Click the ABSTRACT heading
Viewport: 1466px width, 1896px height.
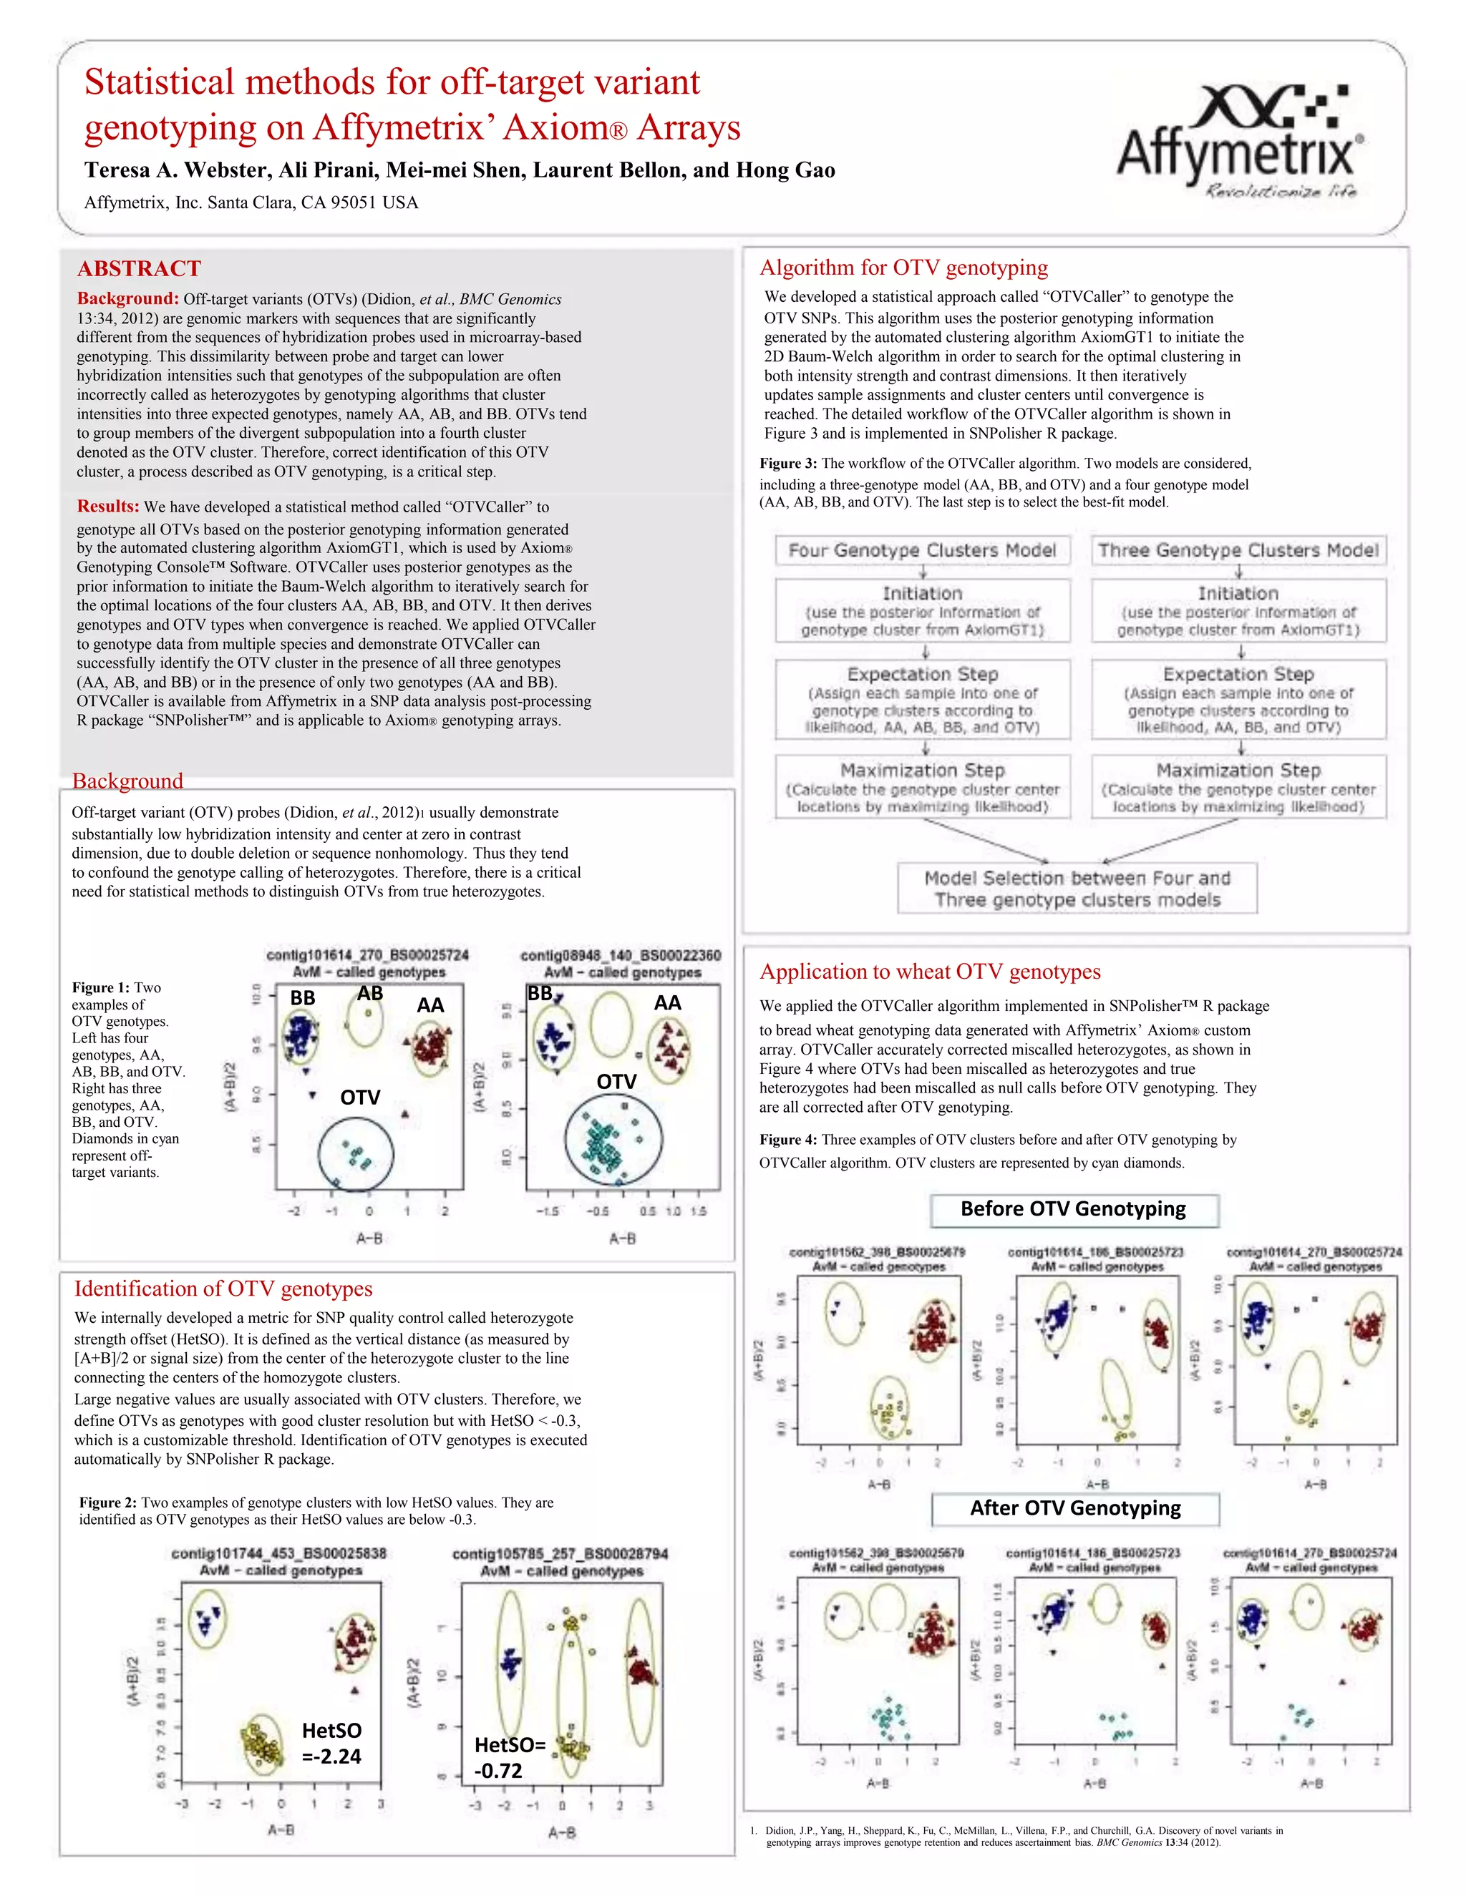[139, 268]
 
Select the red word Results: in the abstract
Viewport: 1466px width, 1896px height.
[107, 506]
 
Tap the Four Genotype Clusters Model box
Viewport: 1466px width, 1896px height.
[921, 550]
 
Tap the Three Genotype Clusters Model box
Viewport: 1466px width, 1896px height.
[1238, 550]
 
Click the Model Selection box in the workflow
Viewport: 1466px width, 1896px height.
[1077, 888]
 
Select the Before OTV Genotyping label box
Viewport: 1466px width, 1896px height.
[1074, 1209]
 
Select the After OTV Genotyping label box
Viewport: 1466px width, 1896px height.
[1075, 1508]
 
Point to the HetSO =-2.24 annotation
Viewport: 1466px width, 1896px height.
[331, 1742]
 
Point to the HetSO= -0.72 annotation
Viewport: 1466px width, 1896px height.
[509, 1757]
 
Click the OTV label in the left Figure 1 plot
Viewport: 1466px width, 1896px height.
[359, 1098]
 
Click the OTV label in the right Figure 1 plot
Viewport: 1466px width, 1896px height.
[616, 1082]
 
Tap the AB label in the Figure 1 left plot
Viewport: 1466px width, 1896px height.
[370, 993]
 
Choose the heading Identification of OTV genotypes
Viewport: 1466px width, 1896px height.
[223, 1289]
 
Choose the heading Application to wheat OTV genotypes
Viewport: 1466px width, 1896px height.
[930, 972]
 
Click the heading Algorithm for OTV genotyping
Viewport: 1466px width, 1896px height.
[903, 268]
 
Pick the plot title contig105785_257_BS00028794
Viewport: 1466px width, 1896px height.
[560, 1554]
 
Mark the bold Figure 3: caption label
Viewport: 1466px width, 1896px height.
[787, 464]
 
